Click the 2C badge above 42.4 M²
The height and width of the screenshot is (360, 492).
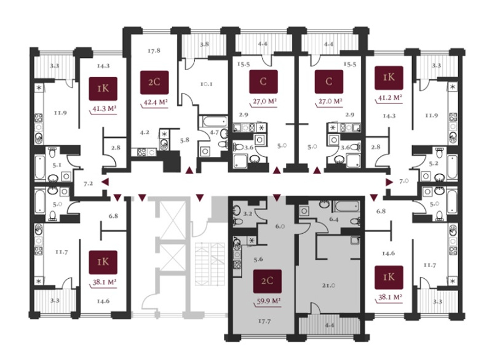click(154, 82)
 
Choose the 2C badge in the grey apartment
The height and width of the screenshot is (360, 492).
click(267, 281)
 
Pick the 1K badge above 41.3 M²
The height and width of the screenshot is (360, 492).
click(103, 89)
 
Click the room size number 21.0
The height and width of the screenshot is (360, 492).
click(328, 286)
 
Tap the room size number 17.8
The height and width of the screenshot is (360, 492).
click(154, 50)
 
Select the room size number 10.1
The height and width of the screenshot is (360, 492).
click(207, 84)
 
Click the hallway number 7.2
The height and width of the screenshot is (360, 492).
click(88, 183)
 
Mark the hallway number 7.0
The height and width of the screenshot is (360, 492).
click(404, 181)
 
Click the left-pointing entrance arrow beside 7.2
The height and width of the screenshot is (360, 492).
click(105, 182)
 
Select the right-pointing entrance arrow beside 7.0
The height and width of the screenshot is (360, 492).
click(389, 182)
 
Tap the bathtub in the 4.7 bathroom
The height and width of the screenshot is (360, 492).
click(213, 121)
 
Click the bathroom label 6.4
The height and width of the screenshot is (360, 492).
click(333, 220)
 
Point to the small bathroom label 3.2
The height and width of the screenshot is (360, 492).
click(248, 214)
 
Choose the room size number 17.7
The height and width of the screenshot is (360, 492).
click(264, 321)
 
